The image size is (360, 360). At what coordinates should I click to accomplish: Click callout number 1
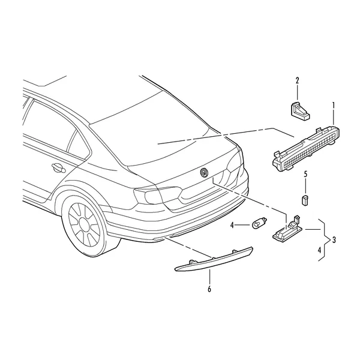334,106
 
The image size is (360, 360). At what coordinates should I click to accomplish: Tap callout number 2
298,81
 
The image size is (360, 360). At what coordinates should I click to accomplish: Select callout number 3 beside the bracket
334,240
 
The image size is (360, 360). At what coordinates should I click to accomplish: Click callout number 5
305,174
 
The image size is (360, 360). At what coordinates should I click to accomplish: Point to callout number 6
209,289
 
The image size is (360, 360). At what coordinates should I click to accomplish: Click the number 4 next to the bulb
232,226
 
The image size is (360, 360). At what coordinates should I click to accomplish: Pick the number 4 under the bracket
319,250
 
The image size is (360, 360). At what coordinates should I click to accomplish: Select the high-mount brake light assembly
306,148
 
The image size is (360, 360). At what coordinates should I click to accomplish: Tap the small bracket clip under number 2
300,111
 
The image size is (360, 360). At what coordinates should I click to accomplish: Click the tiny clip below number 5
305,200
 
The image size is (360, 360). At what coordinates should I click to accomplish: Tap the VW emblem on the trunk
203,172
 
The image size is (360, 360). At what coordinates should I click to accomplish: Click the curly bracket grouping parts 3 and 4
325,240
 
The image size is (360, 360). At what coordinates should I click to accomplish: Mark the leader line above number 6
209,277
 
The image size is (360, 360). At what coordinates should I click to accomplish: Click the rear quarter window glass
77,144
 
